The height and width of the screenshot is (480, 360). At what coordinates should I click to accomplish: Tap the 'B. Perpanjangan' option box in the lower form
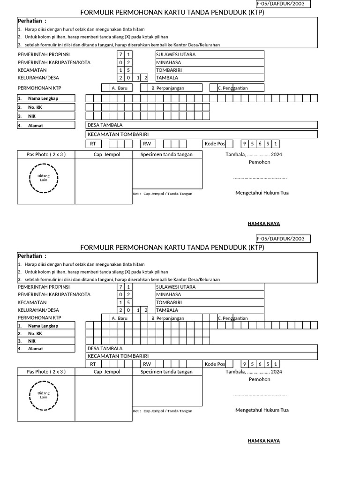(175, 318)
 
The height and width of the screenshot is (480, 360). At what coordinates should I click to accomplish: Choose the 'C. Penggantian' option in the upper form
(240, 88)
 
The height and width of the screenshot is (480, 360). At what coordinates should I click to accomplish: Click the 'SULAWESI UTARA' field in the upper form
(210, 54)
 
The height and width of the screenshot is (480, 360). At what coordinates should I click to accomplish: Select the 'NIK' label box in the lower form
(45, 341)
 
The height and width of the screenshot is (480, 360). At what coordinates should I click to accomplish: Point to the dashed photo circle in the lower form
(44, 395)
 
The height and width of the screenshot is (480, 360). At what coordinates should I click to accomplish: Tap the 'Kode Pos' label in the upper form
(215, 144)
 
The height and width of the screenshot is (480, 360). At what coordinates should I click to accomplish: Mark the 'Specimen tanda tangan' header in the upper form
(167, 154)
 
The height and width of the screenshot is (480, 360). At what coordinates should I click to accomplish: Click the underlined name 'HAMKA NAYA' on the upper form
(264, 224)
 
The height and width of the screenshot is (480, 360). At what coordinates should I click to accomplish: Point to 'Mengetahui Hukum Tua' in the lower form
(262, 410)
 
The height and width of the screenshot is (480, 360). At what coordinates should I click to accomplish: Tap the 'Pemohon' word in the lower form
(259, 379)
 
